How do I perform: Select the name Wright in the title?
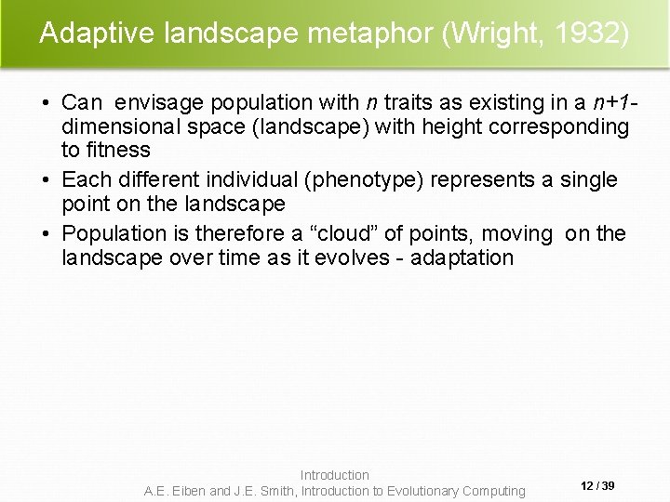(494, 33)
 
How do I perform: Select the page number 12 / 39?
(596, 486)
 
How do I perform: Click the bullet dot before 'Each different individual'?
(47, 179)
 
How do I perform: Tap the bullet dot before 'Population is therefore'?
(47, 233)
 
